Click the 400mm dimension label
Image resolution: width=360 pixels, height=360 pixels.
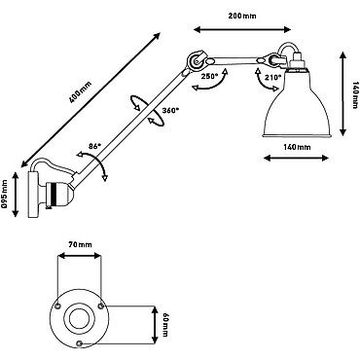tap(81, 91)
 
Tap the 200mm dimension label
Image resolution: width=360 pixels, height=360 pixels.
tap(242, 16)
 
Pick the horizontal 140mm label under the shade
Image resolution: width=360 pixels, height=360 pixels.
tap(297, 147)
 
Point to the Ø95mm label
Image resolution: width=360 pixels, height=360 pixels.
tap(4, 195)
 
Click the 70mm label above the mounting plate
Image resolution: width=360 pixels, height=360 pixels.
tap(80, 244)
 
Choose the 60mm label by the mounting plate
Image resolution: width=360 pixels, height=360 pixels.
tap(165, 324)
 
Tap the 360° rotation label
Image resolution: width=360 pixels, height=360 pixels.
tap(170, 110)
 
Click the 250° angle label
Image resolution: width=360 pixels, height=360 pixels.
tap(209, 77)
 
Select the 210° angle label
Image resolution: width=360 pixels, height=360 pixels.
tap(273, 78)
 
